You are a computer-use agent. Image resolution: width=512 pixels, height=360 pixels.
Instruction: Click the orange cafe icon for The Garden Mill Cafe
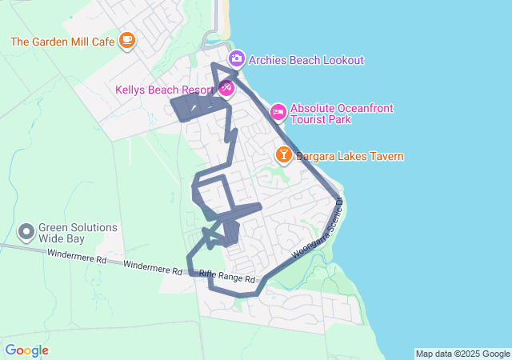click(x=126, y=40)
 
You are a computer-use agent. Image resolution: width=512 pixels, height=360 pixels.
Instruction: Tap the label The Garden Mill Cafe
click(x=63, y=41)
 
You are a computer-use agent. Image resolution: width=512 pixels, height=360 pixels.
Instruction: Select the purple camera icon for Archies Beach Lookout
click(x=236, y=58)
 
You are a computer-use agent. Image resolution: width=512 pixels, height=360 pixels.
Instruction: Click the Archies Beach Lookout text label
click(x=306, y=60)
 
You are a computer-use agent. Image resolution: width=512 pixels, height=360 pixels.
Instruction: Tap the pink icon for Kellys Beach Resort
click(x=226, y=89)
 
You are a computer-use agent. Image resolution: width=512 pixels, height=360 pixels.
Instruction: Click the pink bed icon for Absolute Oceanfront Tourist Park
click(x=278, y=111)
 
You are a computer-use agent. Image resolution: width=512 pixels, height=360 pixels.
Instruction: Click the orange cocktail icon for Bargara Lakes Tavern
click(x=283, y=154)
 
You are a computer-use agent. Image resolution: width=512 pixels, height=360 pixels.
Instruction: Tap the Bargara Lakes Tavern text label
click(x=350, y=157)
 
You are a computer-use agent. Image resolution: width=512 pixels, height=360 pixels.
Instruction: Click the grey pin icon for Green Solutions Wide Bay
click(x=26, y=232)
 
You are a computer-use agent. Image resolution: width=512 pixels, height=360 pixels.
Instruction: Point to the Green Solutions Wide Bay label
click(x=78, y=233)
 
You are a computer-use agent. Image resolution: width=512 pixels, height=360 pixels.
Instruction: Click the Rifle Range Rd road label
click(x=227, y=277)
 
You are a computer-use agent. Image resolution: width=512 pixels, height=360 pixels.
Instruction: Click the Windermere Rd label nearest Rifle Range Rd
click(x=153, y=266)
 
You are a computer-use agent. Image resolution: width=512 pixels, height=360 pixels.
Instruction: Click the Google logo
click(x=26, y=350)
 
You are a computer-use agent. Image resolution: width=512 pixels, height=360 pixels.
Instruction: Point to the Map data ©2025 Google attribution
click(x=462, y=354)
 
